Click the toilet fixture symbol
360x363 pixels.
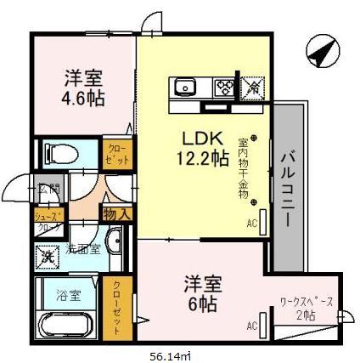(62, 153)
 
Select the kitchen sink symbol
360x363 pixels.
(186, 85)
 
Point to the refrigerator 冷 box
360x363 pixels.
(253, 85)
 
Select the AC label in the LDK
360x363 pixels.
(251, 224)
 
